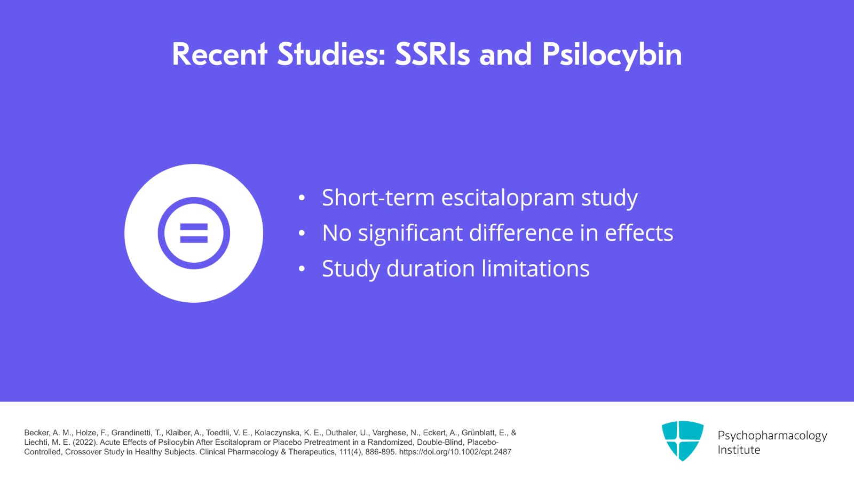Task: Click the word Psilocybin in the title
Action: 612,55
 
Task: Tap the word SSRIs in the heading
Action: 432,55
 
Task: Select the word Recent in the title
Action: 219,55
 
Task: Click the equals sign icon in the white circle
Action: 194,233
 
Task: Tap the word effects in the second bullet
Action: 638,233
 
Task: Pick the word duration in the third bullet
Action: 430,269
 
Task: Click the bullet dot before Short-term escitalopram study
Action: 302,198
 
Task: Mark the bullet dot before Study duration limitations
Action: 302,269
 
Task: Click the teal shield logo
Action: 682,440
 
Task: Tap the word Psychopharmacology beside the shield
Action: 772,436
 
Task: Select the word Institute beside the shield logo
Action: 738,450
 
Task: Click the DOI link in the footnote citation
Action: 455,452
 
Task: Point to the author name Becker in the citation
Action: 36,433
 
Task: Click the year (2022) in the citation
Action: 85,443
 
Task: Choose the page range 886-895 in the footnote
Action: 381,452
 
